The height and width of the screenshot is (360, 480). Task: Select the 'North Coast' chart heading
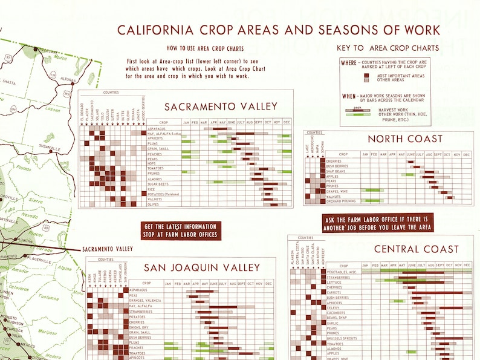point(405,139)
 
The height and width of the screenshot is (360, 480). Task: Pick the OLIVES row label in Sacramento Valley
point(153,205)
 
